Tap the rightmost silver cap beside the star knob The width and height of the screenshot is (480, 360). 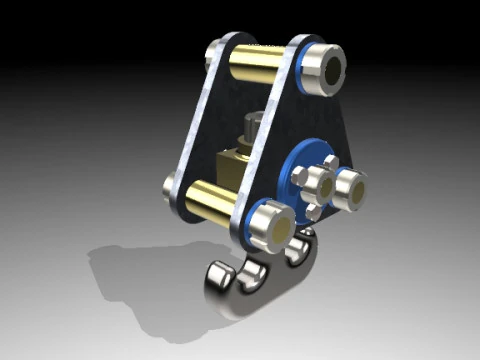350,190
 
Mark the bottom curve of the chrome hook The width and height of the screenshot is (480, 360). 245,305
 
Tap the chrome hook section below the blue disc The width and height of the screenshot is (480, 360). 300,255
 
